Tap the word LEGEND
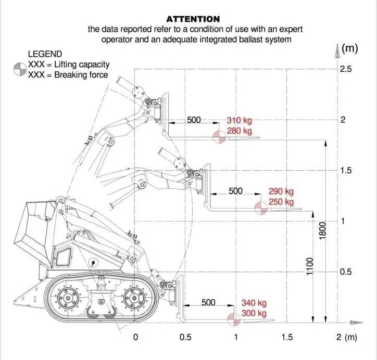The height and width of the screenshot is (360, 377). tap(45, 54)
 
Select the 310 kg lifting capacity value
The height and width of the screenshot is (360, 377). tap(239, 120)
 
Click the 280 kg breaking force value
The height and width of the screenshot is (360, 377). tap(239, 131)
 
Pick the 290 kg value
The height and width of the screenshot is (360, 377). tap(281, 191)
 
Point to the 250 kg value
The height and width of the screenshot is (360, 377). tap(281, 202)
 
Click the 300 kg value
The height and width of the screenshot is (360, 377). tap(254, 314)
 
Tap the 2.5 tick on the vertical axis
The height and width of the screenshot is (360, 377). tap(346, 69)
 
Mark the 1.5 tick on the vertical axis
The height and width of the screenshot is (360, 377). tap(346, 171)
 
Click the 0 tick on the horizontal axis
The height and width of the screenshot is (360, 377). tap(135, 337)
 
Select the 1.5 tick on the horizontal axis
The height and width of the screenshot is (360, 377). tap(287, 337)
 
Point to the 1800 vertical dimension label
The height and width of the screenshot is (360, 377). tap(323, 231)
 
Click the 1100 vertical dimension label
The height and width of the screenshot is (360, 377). tap(310, 266)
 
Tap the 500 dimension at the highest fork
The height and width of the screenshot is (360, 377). tap(194, 120)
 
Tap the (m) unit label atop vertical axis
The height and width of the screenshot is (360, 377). tap(350, 49)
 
